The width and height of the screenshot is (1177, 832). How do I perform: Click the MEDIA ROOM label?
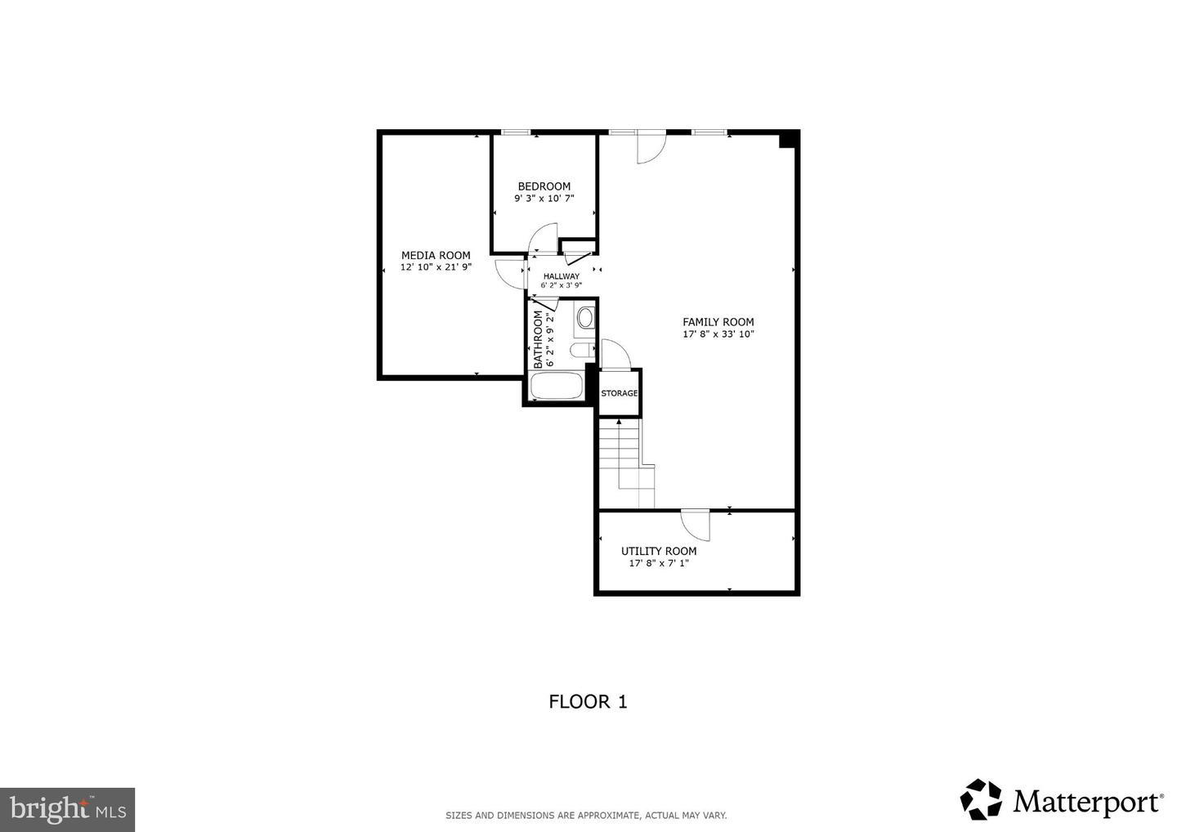[435, 255]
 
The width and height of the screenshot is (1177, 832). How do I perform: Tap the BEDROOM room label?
[544, 186]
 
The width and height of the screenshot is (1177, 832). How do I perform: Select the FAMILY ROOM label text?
[718, 322]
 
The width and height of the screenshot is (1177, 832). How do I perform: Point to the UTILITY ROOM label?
[658, 551]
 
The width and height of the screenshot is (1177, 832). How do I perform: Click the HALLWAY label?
[561, 276]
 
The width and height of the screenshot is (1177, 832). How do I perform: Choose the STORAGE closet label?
[620, 393]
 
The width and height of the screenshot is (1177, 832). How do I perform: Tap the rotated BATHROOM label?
[539, 338]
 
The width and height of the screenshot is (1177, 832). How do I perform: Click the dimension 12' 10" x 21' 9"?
[435, 267]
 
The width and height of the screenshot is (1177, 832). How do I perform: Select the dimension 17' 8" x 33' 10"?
[718, 334]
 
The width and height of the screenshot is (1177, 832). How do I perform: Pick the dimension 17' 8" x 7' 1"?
[658, 563]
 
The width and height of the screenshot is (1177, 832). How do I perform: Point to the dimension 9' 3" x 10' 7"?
[544, 199]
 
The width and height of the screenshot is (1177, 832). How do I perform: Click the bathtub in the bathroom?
[557, 386]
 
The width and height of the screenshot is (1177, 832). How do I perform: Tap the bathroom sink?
[585, 317]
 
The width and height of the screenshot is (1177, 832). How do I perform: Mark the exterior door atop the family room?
[651, 147]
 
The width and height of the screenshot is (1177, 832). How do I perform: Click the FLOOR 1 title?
[588, 701]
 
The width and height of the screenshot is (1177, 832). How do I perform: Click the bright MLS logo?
[67, 809]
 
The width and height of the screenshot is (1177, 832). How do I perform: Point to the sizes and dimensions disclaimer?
[585, 815]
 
